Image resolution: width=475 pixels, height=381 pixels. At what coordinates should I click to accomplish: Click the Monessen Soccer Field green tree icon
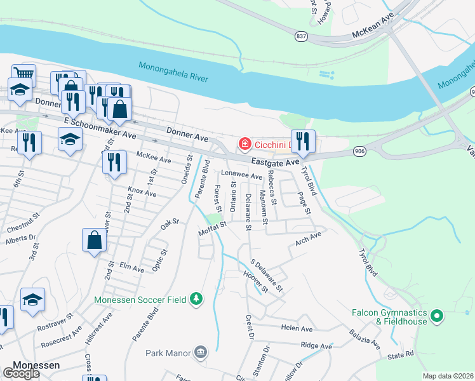[197, 299]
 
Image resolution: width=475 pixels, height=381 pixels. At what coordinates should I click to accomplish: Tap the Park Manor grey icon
[201, 352]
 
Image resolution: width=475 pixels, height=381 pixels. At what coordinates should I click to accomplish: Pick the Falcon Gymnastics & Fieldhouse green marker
[436, 316]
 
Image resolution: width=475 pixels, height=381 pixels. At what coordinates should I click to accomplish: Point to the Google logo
[21, 374]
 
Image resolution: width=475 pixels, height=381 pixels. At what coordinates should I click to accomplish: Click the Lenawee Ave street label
[241, 175]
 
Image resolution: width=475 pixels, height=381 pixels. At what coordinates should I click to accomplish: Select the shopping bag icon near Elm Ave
[94, 240]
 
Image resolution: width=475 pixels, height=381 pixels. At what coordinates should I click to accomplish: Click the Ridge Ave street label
[316, 346]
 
